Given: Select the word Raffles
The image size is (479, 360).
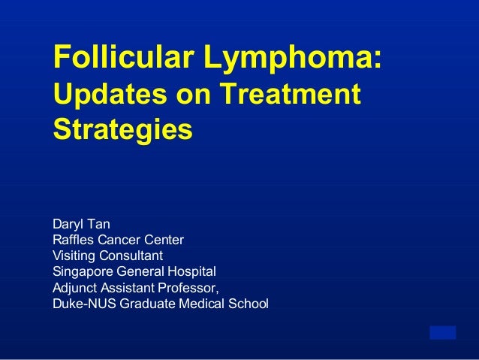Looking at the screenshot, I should [74, 240].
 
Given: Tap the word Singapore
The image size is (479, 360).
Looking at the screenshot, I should [82, 272].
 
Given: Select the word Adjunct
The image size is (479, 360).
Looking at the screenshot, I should [74, 288].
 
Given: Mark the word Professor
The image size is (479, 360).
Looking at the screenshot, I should [188, 288].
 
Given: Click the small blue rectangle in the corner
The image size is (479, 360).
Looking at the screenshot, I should [442, 332].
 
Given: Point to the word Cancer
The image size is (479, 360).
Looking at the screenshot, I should [122, 240].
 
